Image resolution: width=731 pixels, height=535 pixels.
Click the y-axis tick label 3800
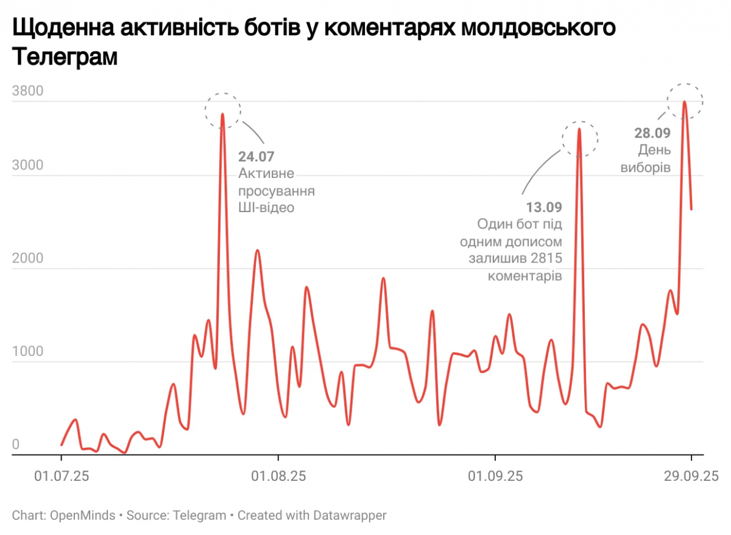click(x=27, y=92)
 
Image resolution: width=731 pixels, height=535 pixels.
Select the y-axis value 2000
click(x=27, y=258)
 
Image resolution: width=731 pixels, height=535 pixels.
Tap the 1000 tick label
click(x=27, y=352)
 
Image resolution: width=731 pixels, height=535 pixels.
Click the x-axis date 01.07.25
click(x=61, y=475)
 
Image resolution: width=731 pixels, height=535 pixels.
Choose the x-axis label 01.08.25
click(x=278, y=475)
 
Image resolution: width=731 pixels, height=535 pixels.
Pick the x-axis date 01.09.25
click(x=495, y=475)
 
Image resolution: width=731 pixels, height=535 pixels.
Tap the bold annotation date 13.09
click(x=544, y=207)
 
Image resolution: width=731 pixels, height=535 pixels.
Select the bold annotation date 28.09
click(x=652, y=133)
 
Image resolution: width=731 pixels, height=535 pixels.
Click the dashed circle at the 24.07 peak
click(x=223, y=111)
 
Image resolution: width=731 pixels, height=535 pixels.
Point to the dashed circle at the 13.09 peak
click(x=580, y=138)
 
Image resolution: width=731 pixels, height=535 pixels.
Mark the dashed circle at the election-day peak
click(x=685, y=101)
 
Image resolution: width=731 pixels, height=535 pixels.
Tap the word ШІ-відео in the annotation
click(x=266, y=208)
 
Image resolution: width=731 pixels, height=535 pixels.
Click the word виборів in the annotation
click(x=646, y=167)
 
